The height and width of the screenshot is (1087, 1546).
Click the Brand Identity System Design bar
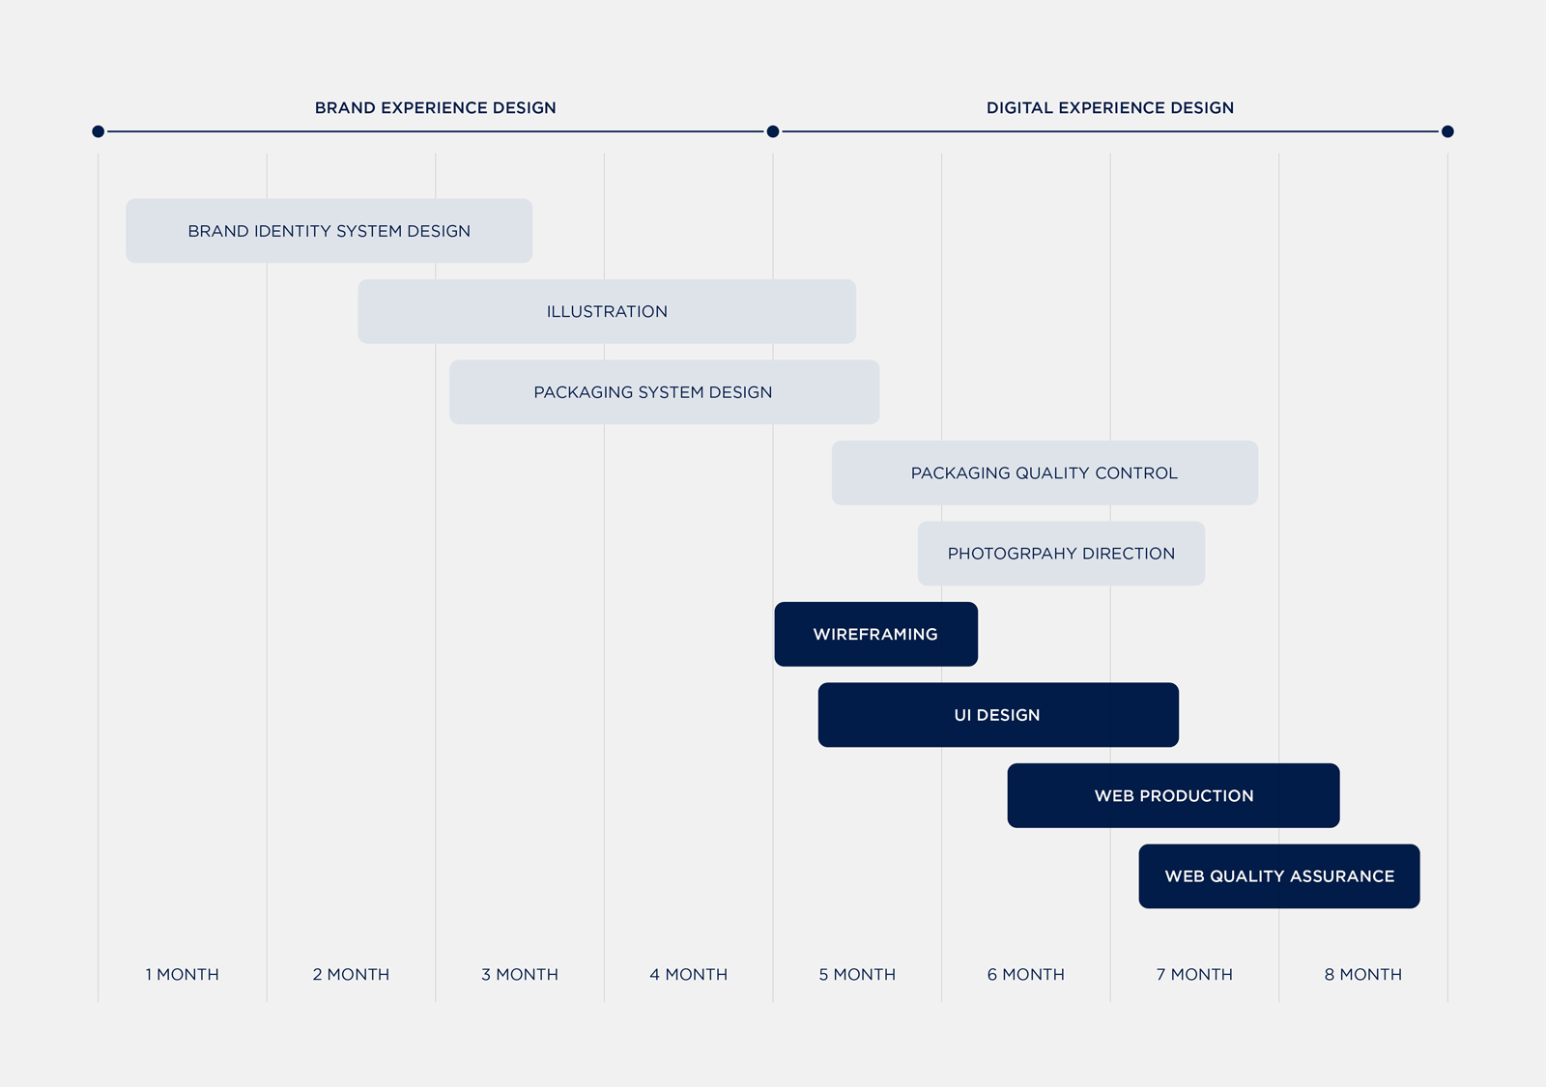click(329, 231)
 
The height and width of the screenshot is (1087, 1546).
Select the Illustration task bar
click(607, 311)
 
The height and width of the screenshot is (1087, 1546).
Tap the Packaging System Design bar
click(664, 392)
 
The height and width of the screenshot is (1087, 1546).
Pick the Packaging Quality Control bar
click(1045, 472)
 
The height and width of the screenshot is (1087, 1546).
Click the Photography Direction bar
click(1062, 554)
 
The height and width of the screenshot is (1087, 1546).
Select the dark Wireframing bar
click(875, 634)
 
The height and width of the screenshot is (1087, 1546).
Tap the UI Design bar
click(998, 715)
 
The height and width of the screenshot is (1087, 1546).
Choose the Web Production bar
click(1173, 796)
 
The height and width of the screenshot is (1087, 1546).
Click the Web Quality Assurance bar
click(1279, 876)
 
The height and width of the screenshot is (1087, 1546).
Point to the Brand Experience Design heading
click(436, 107)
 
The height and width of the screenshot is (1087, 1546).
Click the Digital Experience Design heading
click(1110, 107)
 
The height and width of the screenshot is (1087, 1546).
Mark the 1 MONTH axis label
click(183, 975)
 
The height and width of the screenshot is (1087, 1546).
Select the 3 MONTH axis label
click(520, 975)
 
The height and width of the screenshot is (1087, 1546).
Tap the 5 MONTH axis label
click(857, 975)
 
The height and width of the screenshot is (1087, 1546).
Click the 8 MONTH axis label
click(1363, 975)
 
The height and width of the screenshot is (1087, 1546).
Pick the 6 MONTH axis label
click(1025, 975)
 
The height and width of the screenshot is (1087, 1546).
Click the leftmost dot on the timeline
click(98, 131)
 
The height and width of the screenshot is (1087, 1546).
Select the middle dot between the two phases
click(773, 131)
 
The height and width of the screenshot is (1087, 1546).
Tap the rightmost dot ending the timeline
click(1448, 131)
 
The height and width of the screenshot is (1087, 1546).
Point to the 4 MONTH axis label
click(689, 975)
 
